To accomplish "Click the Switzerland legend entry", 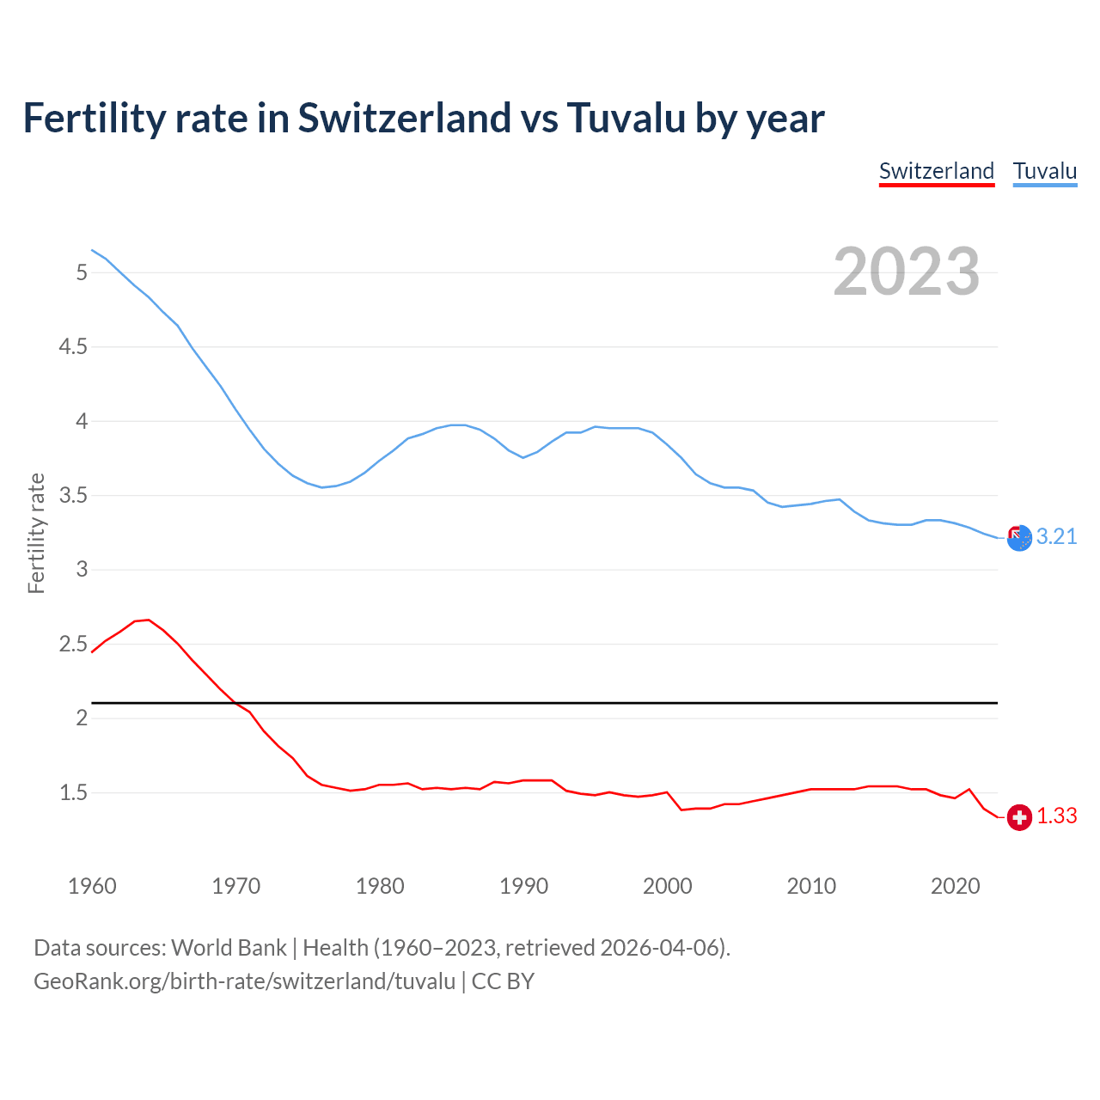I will (936, 171).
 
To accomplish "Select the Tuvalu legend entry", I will (1044, 171).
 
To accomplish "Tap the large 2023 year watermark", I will (906, 272).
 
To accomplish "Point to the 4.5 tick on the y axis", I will (73, 347).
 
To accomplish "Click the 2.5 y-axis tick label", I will (73, 645).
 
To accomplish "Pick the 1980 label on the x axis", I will (380, 886).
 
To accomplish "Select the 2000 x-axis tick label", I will (667, 886).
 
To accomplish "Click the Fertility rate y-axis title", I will (36, 533).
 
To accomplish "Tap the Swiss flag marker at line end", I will (1019, 817).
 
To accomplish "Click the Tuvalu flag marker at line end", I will (1019, 538).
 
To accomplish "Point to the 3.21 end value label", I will (1056, 537).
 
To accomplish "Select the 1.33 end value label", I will (1056, 816).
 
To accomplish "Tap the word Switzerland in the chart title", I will (404, 119).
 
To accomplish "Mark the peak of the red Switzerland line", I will (149, 620).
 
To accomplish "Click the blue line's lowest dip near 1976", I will (322, 487).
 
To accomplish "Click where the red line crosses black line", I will (235, 703).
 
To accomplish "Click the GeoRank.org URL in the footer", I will (244, 981).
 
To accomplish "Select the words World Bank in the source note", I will (229, 948).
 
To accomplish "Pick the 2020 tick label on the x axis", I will (955, 886).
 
